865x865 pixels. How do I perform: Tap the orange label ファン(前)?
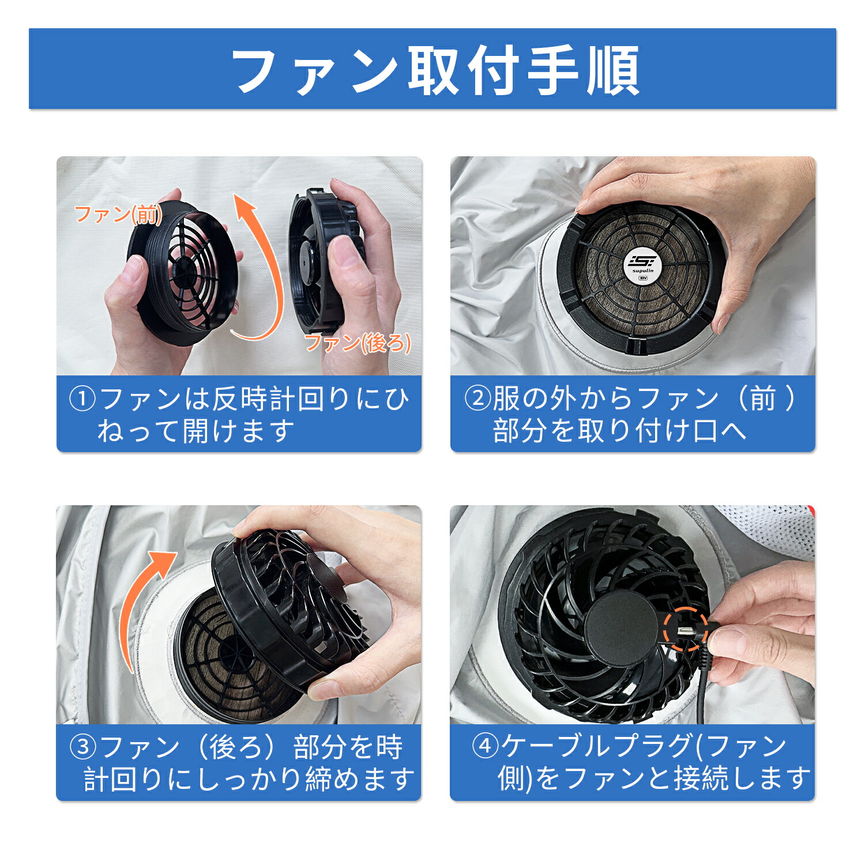click(118, 215)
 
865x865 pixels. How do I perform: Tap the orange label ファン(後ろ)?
click(358, 343)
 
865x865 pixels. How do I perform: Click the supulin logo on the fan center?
click(642, 266)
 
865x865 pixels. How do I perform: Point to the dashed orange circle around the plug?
click(685, 629)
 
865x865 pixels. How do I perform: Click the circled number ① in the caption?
click(82, 399)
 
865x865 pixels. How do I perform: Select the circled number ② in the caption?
click(477, 398)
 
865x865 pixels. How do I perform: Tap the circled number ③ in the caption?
click(82, 747)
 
